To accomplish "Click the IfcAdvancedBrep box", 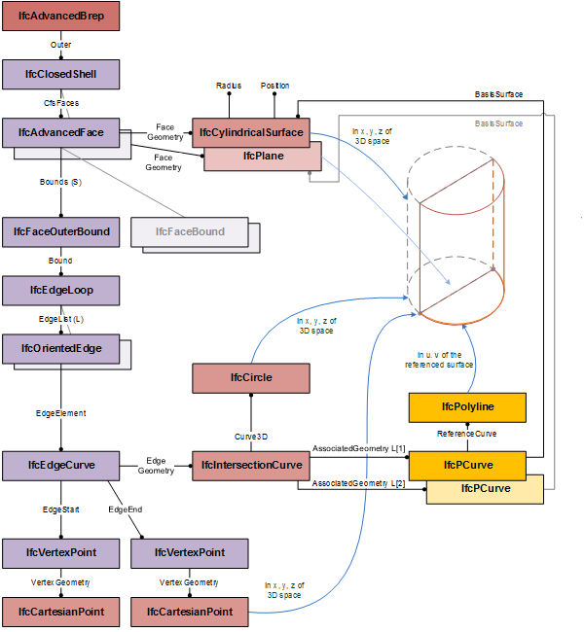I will [x=60, y=17].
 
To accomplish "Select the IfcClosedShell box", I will [x=61, y=73].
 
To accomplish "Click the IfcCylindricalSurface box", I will [x=250, y=132].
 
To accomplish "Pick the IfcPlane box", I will [x=262, y=156].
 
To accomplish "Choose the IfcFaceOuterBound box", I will [x=60, y=231].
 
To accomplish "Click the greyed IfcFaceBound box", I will [x=189, y=231].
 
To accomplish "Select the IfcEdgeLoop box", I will [x=60, y=290].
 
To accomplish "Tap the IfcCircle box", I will [x=250, y=376].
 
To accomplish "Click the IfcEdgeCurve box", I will [x=60, y=465].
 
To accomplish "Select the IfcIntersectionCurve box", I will [x=250, y=466].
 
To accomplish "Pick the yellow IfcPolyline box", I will [x=468, y=406].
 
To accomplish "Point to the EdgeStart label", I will [x=60, y=509].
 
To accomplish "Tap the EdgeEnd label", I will [x=126, y=509].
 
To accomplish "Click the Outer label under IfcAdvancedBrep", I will [x=60, y=45].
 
